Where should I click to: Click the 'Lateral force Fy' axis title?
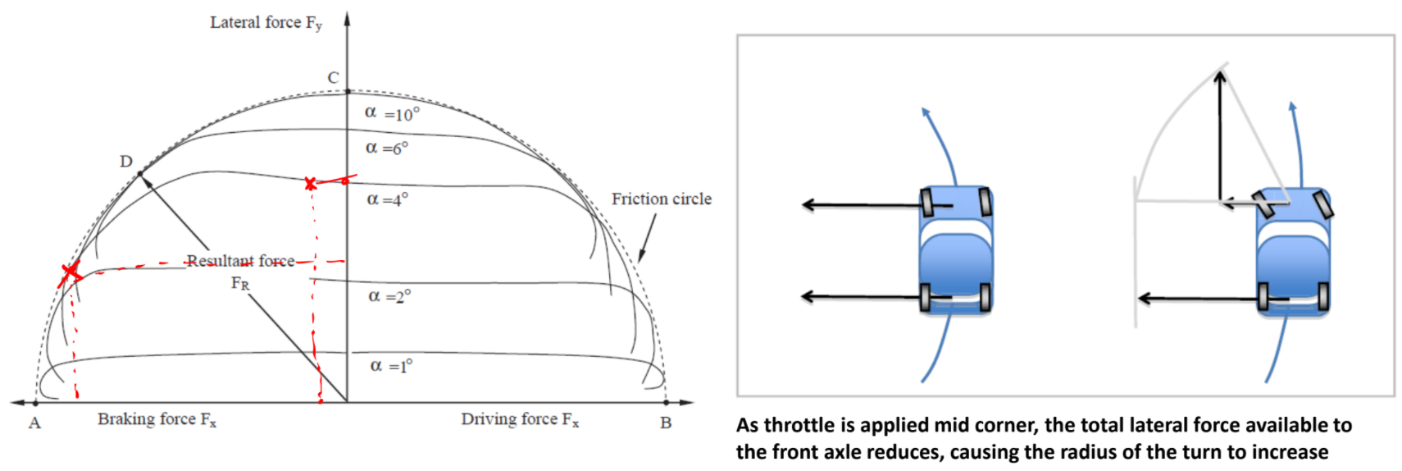(x=266, y=23)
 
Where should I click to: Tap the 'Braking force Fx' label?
(x=157, y=419)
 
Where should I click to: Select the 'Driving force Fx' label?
(x=520, y=419)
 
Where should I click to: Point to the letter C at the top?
(x=333, y=78)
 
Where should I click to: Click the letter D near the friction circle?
(x=126, y=162)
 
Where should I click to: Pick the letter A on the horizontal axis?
(x=34, y=423)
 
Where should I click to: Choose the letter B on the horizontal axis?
(x=666, y=423)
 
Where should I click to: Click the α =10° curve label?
(x=392, y=113)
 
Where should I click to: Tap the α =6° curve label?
(x=387, y=149)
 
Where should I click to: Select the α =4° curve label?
(x=387, y=199)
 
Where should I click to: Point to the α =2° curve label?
(x=389, y=296)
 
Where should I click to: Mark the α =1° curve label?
(x=391, y=366)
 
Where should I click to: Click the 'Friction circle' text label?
(x=661, y=199)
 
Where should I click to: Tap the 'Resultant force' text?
(x=240, y=261)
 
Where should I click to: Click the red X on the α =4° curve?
(x=310, y=184)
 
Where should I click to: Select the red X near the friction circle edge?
(x=71, y=271)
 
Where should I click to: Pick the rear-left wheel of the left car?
(x=926, y=297)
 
